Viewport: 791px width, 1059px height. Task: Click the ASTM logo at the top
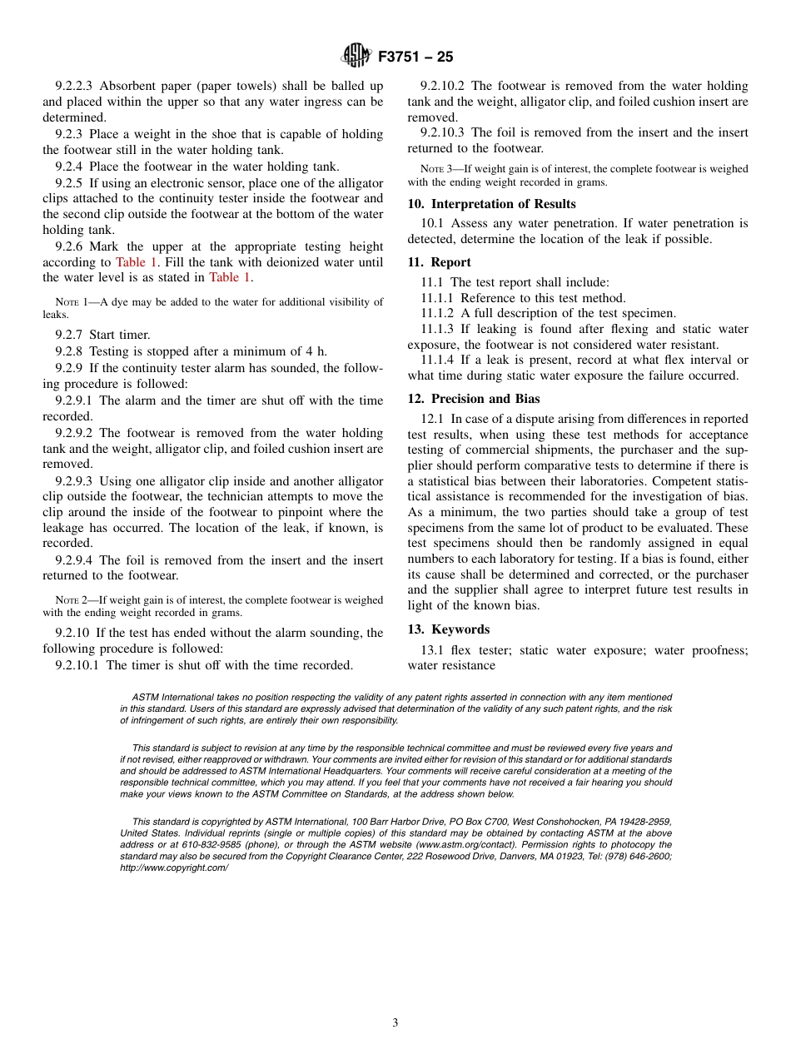[356, 57]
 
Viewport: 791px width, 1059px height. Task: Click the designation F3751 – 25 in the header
[415, 57]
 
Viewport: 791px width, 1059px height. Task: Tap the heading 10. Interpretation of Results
[491, 204]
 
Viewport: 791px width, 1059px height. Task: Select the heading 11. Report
[439, 262]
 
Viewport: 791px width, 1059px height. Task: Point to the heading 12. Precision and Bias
[473, 399]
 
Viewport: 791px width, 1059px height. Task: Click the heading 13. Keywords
[448, 629]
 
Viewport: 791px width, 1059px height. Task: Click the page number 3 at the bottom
[395, 1022]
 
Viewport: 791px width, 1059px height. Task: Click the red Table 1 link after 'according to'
[136, 262]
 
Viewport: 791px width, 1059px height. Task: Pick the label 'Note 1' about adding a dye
[72, 302]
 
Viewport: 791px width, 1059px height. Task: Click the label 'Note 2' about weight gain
[72, 600]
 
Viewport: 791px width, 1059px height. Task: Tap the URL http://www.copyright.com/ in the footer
[174, 868]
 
